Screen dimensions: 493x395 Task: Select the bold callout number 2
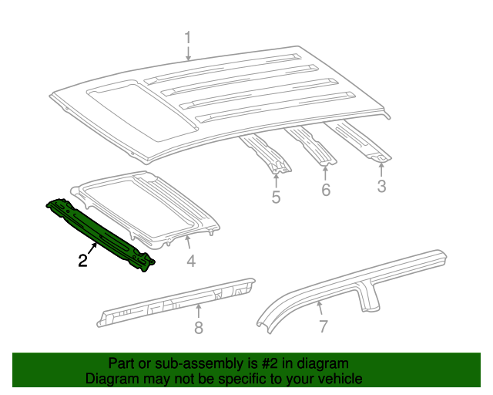tap(82, 261)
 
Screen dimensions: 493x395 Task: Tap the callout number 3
tap(381, 186)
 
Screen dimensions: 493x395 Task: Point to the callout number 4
tap(191, 261)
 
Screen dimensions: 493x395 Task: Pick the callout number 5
tap(276, 197)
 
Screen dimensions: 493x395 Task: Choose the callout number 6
tap(326, 190)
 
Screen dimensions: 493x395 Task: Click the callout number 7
tap(324, 326)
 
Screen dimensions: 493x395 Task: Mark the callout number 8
tap(199, 328)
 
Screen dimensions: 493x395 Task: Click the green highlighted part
tap(101, 235)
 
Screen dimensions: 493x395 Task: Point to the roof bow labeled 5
tap(266, 154)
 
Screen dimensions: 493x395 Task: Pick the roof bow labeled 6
tap(311, 145)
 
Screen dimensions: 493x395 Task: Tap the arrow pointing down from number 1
tap(188, 53)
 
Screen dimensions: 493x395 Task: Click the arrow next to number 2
tap(92, 248)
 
